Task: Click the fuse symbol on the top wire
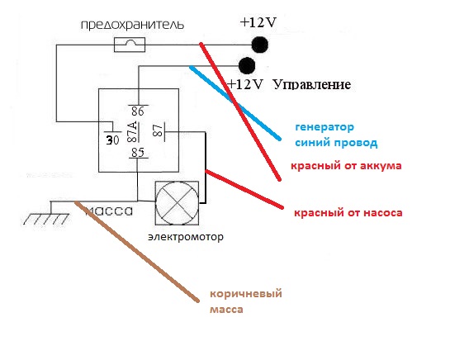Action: click(x=130, y=45)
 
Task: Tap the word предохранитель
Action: click(x=132, y=25)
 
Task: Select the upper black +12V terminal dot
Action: click(x=260, y=45)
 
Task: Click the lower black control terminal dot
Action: click(x=247, y=65)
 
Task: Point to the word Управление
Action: click(x=312, y=85)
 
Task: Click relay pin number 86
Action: click(x=137, y=111)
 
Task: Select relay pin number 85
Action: click(x=137, y=153)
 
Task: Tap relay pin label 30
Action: click(x=112, y=140)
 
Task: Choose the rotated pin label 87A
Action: click(x=132, y=132)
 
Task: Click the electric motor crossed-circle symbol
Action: click(x=177, y=203)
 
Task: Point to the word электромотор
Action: click(x=186, y=237)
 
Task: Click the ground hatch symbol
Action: click(x=46, y=219)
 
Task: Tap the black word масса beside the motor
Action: click(x=109, y=211)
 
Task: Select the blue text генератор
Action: click(x=324, y=127)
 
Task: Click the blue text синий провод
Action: click(x=336, y=143)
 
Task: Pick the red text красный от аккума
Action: click(x=346, y=166)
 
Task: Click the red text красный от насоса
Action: click(x=348, y=213)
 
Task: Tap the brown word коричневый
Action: click(x=246, y=294)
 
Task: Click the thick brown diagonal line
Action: click(x=137, y=252)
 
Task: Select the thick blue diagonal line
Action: click(x=234, y=103)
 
